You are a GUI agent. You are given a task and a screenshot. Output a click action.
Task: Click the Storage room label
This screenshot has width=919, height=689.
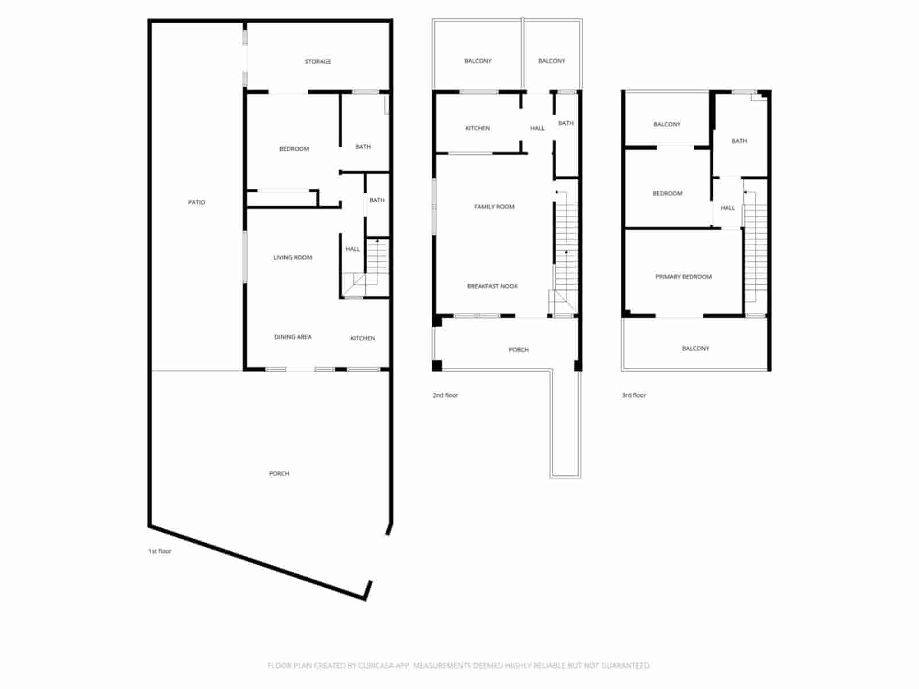pyautogui.click(x=318, y=61)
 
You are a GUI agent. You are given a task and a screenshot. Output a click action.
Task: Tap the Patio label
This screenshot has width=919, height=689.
pyautogui.click(x=196, y=202)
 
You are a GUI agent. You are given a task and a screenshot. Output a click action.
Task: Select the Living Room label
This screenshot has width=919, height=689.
pyautogui.click(x=293, y=257)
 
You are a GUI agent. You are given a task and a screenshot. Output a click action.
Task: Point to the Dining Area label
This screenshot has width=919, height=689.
pyautogui.click(x=293, y=337)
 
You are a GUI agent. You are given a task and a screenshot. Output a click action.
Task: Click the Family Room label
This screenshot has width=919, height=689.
pyautogui.click(x=495, y=207)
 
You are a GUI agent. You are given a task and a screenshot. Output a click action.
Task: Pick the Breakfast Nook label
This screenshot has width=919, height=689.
pyautogui.click(x=492, y=286)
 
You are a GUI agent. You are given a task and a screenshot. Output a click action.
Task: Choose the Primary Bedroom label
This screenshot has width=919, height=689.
pyautogui.click(x=684, y=277)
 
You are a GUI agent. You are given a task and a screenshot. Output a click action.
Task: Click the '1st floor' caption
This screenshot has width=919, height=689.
pyautogui.click(x=160, y=551)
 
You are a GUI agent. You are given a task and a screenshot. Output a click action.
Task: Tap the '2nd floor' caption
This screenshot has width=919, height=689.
pyautogui.click(x=445, y=395)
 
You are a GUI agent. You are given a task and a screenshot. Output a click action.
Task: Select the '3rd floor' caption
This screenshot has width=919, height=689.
pyautogui.click(x=634, y=395)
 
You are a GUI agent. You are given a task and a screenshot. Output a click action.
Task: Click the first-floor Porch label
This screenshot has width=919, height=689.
pyautogui.click(x=279, y=474)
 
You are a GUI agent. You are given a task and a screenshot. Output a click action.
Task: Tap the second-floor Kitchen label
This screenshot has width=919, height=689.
pyautogui.click(x=477, y=128)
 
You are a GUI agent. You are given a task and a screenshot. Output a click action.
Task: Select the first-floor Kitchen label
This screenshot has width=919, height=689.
pyautogui.click(x=362, y=338)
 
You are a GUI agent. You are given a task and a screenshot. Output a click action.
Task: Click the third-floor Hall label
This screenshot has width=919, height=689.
pyautogui.click(x=728, y=208)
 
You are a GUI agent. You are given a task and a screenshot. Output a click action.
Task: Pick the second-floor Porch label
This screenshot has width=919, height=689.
pyautogui.click(x=519, y=350)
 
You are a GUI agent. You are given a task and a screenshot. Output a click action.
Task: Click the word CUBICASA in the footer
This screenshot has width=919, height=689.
pyautogui.click(x=384, y=665)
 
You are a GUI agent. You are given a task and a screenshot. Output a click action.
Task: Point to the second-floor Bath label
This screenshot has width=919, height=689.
pyautogui.click(x=566, y=123)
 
